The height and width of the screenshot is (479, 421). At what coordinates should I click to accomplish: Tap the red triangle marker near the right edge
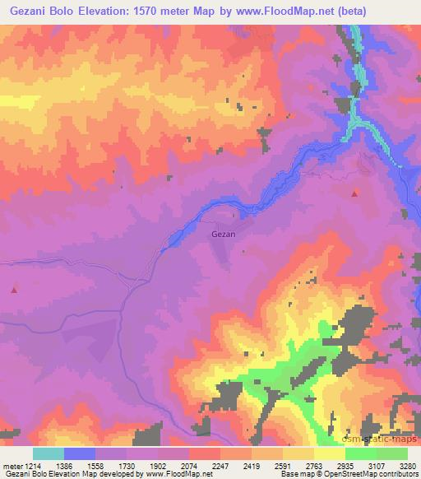pyautogui.click(x=354, y=194)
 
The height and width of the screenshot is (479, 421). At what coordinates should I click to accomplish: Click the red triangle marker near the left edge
pyautogui.click(x=14, y=290)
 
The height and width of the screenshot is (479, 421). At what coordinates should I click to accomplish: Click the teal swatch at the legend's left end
pyautogui.click(x=49, y=453)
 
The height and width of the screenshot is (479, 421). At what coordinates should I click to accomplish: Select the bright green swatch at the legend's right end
pyautogui.click(x=392, y=453)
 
